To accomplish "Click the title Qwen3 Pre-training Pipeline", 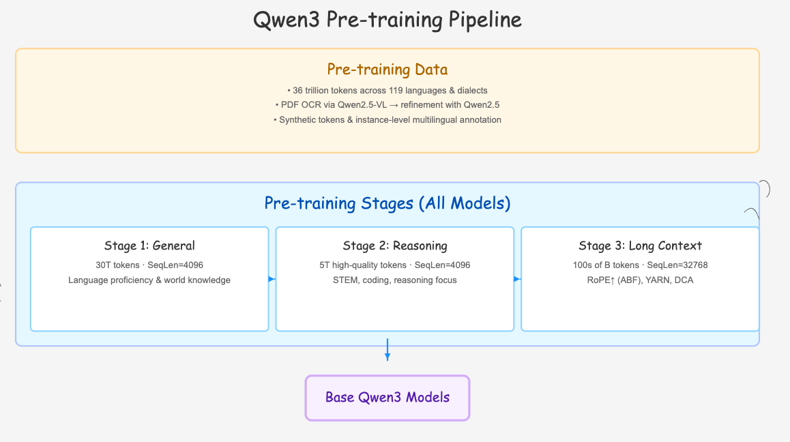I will tap(387, 20).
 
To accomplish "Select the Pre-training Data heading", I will tap(387, 69).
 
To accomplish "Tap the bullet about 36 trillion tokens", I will tap(387, 91).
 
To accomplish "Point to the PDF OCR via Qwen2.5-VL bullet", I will tap(387, 105).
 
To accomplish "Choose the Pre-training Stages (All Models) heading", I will tap(387, 203).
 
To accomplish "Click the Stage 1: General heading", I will tap(149, 246).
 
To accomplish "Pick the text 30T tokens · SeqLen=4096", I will tap(149, 265).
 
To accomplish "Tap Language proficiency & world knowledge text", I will tap(149, 280).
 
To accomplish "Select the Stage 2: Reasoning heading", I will tap(395, 246).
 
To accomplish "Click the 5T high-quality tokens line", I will tap(395, 265).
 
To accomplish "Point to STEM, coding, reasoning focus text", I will tap(395, 280).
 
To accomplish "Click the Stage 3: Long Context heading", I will tap(640, 246).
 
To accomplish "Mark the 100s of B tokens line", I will tap(640, 265).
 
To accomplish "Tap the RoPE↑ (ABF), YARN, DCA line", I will tap(640, 280).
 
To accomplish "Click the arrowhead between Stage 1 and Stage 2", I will tap(272, 279).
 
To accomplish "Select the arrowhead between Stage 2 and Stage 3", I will tap(517, 279).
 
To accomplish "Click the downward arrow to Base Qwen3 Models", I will tap(387, 350).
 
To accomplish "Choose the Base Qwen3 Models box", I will tap(387, 398).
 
